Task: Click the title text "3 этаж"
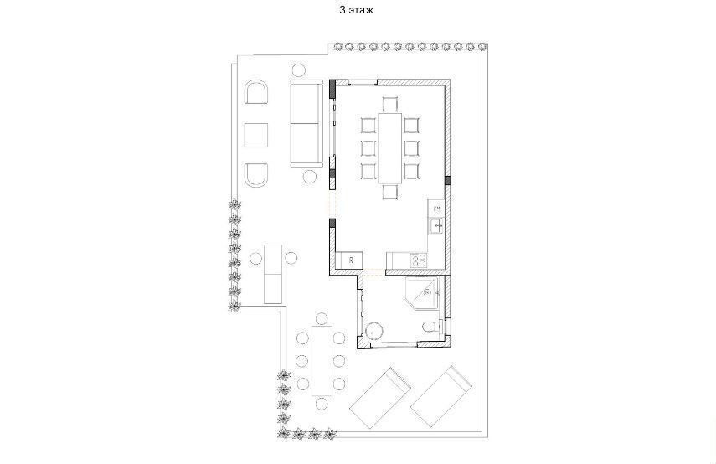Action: pyautogui.click(x=357, y=11)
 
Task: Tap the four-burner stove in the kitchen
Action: pyautogui.click(x=419, y=261)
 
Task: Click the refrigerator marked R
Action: pyautogui.click(x=351, y=261)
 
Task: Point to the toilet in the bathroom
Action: pyautogui.click(x=430, y=327)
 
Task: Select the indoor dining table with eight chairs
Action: pyautogui.click(x=389, y=147)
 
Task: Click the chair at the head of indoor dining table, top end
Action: pyautogui.click(x=389, y=104)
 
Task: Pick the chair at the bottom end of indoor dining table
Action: pyautogui.click(x=389, y=192)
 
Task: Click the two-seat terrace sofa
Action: pyautogui.click(x=305, y=123)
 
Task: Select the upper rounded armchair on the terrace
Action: pyautogui.click(x=256, y=92)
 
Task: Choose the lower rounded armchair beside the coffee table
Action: pyautogui.click(x=256, y=176)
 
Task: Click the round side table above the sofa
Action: pyautogui.click(x=299, y=70)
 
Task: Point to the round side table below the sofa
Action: pyautogui.click(x=310, y=176)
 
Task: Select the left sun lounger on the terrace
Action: pyautogui.click(x=379, y=397)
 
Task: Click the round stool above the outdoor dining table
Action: pyautogui.click(x=322, y=318)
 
